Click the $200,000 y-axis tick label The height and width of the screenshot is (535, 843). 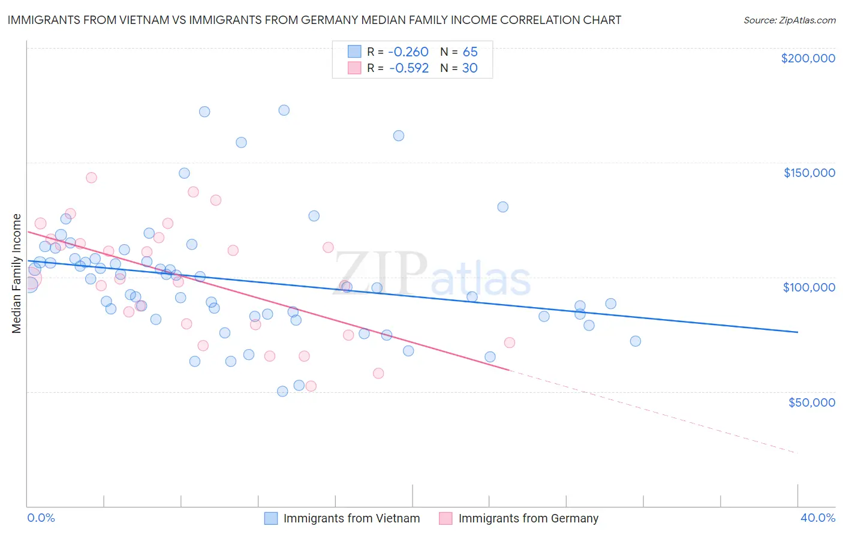click(808, 58)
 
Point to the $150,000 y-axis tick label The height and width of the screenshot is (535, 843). click(809, 173)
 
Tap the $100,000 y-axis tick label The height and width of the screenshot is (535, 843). click(809, 287)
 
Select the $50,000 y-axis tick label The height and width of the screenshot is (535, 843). click(811, 402)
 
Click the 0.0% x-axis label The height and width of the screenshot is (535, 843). click(41, 518)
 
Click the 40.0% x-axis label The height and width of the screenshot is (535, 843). click(817, 518)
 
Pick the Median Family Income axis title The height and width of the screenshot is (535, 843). click(17, 273)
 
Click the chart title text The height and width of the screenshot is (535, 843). click(314, 20)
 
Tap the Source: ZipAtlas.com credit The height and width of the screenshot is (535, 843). click(789, 20)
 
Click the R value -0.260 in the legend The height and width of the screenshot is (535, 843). click(408, 52)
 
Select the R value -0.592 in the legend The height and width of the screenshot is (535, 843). click(408, 68)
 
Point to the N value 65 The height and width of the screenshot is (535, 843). click(469, 52)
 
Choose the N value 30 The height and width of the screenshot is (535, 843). click(469, 68)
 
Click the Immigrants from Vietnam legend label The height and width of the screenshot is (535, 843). click(351, 518)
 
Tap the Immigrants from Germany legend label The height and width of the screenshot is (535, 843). click(528, 518)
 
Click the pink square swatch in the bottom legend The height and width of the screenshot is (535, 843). click(445, 518)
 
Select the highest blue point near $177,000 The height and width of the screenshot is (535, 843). click(284, 110)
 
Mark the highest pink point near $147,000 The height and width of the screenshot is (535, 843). click(91, 178)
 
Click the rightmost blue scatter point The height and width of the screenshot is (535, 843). click(636, 341)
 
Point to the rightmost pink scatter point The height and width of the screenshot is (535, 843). click(510, 342)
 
